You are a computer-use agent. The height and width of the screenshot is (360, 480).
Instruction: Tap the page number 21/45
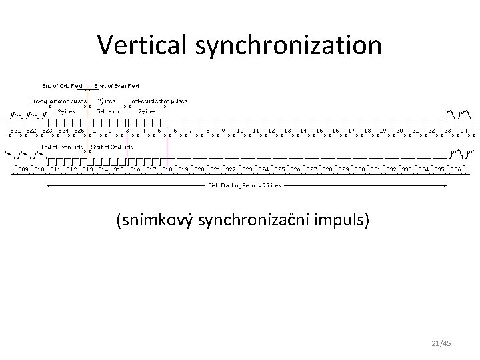(441, 343)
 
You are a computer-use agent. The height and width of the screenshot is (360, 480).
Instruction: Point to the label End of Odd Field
(62, 86)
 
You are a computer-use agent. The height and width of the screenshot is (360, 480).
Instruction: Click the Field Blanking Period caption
(244, 185)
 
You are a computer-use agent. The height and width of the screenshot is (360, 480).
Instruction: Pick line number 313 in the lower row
(87, 169)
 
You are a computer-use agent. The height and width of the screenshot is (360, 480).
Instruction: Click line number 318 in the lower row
(167, 169)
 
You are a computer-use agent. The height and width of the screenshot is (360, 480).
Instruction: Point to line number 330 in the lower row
(359, 169)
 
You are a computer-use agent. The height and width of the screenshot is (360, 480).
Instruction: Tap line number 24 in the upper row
(462, 131)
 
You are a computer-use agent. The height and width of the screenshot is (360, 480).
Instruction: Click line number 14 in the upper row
(303, 131)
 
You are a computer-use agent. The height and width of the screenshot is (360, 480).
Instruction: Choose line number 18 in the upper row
(367, 131)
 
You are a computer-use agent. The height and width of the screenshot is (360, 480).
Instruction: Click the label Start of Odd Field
(111, 147)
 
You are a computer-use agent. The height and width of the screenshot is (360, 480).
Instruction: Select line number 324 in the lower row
(263, 169)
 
